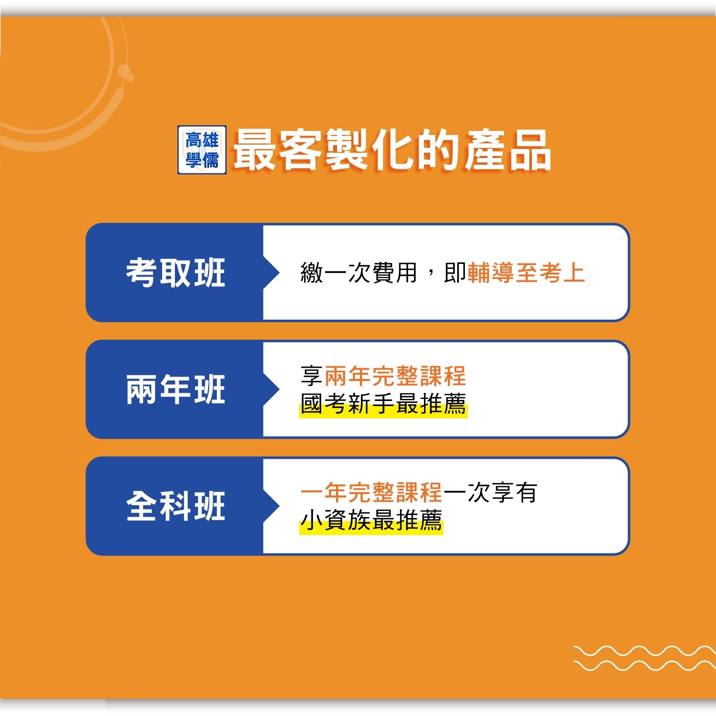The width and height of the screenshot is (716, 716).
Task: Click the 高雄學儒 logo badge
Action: click(202, 150)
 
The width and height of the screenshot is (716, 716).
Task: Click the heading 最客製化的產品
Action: click(392, 150)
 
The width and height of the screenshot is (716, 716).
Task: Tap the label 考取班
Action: click(176, 273)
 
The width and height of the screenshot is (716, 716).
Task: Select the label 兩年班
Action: click(176, 389)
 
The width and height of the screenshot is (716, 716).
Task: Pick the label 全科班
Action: click(176, 506)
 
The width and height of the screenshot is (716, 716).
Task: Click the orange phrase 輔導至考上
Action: click(526, 273)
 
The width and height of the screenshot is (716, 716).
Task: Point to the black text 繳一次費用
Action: click(359, 273)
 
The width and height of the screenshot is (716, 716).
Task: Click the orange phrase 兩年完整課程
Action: click(395, 376)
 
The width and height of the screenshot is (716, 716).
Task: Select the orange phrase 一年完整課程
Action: click(371, 493)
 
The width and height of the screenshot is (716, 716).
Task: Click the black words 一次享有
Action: click(490, 493)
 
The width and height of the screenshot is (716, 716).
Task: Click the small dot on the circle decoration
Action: click(130, 77)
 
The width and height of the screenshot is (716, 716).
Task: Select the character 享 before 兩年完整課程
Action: click(311, 376)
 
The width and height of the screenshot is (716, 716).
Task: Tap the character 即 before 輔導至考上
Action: click(455, 273)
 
